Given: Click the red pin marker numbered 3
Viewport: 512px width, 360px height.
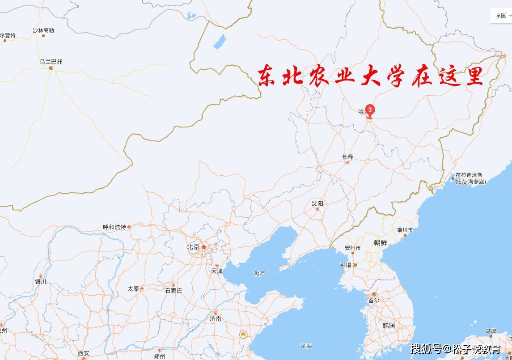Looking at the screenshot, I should point(370,110).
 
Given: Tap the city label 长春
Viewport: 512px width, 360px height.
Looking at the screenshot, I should point(347,157).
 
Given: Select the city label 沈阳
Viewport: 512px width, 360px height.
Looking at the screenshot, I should point(317,203).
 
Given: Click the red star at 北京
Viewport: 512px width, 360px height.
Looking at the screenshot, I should point(204,246).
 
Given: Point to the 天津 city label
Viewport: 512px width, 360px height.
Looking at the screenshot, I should point(217,271).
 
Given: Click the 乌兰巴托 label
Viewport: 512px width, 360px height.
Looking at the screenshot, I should point(51,62).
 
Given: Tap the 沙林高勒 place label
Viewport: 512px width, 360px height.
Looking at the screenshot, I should point(43,30).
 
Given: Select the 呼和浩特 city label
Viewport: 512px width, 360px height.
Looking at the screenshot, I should point(114,227).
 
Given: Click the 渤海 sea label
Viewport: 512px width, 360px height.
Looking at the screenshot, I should point(259,273).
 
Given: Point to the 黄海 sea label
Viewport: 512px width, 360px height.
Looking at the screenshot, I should point(306,346).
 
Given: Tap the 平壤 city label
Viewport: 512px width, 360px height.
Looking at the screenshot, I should point(346,265).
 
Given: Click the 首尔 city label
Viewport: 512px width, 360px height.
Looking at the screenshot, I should point(373,301).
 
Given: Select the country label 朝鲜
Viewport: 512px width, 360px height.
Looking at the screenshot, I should point(381,243).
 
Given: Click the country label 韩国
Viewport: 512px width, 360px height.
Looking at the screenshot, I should point(389,325).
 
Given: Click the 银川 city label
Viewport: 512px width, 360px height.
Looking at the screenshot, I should point(40,282).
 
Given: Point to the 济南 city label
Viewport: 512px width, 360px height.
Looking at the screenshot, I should point(216,319).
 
